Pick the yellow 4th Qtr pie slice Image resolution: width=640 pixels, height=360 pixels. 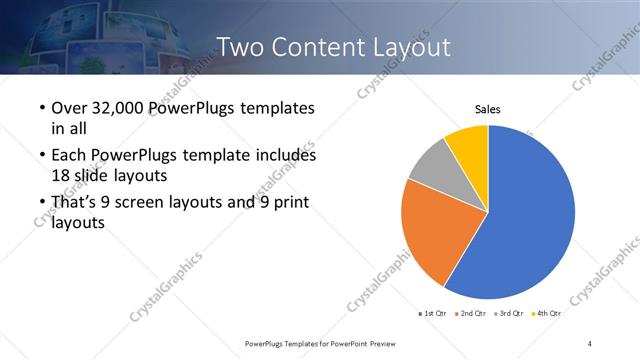tap(468, 143)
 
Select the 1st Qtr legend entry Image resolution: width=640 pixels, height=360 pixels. tap(435, 314)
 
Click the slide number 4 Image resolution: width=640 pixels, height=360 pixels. tap(590, 343)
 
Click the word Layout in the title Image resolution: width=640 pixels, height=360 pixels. tap(409, 47)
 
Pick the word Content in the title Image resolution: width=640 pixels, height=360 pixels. tap(319, 47)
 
